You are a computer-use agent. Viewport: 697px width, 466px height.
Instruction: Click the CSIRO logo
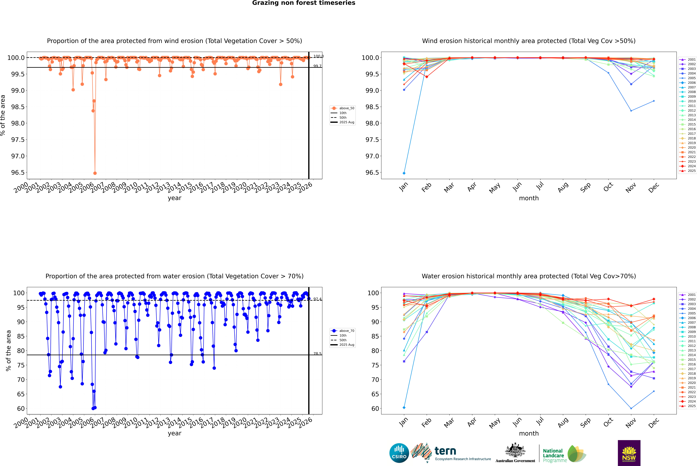pos(399,453)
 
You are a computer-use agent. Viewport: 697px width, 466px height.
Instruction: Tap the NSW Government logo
pos(629,453)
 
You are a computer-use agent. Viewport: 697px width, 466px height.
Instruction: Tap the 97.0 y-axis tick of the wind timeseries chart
pos(18,156)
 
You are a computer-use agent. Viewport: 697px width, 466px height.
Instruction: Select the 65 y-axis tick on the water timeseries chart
pos(21,394)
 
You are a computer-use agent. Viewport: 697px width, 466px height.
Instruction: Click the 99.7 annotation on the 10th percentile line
pos(317,66)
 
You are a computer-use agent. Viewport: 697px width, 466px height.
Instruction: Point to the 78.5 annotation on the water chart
pos(317,354)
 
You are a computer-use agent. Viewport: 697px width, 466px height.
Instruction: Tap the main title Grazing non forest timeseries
pos(304,3)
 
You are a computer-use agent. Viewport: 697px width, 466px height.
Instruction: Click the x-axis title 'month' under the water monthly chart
pos(529,433)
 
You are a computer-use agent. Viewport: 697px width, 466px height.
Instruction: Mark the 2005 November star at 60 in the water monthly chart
pos(631,408)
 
